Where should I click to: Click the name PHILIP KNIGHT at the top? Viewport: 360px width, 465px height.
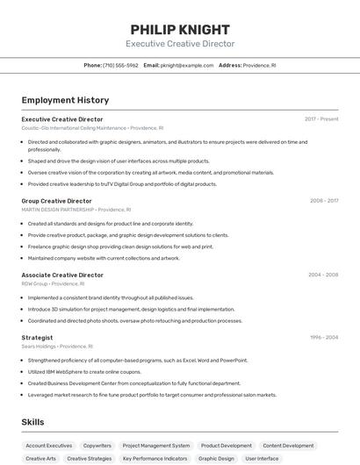coord(180,29)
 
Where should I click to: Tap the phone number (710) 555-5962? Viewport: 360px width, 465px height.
coord(120,65)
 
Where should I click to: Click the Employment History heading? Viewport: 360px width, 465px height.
coord(65,100)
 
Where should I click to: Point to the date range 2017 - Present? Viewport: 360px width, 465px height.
coord(321,119)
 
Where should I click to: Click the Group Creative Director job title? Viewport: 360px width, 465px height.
coord(56,201)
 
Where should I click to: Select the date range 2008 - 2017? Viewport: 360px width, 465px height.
coord(324,201)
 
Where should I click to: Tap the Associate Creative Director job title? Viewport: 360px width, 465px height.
coord(61,275)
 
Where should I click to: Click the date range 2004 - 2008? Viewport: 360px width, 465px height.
coord(323,275)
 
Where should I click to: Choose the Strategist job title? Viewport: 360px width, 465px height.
coord(37,337)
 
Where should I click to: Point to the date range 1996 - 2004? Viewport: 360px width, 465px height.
coord(324,337)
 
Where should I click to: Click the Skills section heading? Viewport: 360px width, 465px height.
coord(32,422)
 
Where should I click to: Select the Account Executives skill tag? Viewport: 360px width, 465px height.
coord(49,446)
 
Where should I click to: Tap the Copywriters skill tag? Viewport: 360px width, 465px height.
coord(97,446)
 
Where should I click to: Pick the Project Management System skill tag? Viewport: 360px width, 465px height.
coord(155,446)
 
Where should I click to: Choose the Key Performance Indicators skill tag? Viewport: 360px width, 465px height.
coord(155,459)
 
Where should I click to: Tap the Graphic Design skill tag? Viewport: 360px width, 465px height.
coord(216,459)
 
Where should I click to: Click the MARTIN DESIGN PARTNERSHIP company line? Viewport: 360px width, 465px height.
coord(76,210)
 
